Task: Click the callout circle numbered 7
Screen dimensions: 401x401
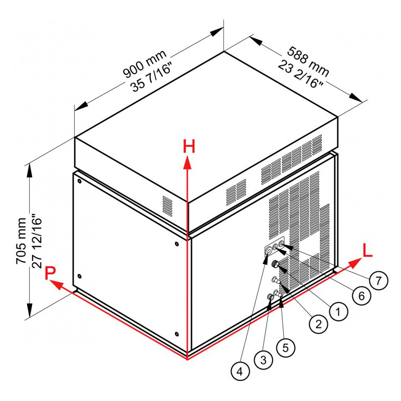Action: [378, 281]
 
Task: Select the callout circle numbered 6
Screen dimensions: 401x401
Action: [361, 296]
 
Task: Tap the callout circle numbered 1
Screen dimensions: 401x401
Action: [338, 311]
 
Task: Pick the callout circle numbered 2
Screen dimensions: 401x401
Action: [318, 324]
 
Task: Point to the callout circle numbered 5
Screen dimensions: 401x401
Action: [286, 347]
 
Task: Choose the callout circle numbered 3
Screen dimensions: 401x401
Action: [264, 360]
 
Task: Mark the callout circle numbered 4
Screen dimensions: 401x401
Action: [240, 371]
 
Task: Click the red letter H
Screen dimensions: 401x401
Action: [189, 146]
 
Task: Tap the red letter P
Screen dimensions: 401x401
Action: [50, 273]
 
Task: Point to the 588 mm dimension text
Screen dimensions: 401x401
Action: [308, 62]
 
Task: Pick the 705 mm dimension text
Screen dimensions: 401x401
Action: [21, 241]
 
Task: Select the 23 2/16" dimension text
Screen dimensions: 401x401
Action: [300, 74]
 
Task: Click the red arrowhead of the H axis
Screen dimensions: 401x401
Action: [187, 162]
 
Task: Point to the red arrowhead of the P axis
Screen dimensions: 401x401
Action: [56, 284]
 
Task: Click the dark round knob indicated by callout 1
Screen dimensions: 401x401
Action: [275, 264]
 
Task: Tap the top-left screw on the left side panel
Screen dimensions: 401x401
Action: [79, 181]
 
